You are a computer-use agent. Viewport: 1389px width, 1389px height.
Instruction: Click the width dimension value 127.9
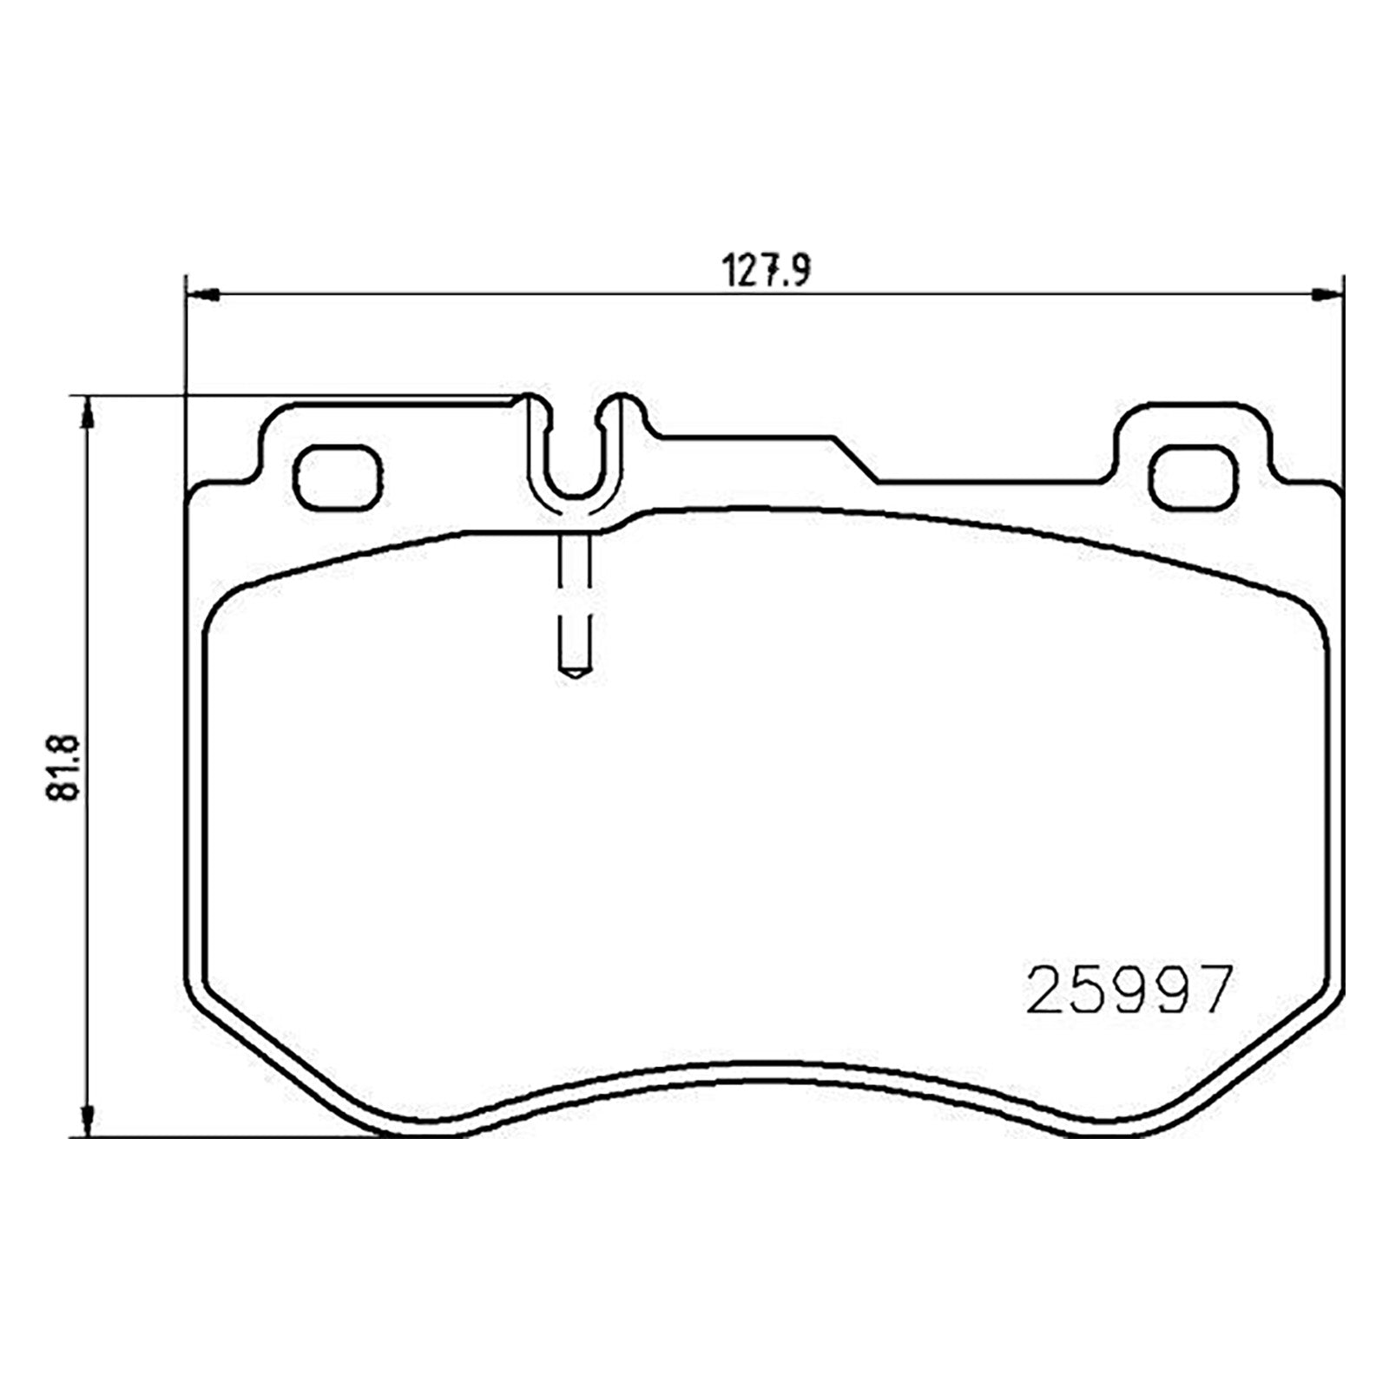coord(767,271)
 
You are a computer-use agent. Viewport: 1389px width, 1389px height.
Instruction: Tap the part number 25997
coord(1129,991)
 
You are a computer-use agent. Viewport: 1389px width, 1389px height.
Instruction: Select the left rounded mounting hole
coord(338,476)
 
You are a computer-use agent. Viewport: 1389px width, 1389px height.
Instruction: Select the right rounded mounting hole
coord(1195,476)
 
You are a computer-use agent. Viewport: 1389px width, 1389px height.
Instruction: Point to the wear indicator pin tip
coord(574,674)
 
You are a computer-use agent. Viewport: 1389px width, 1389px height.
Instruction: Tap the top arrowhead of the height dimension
coord(87,412)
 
